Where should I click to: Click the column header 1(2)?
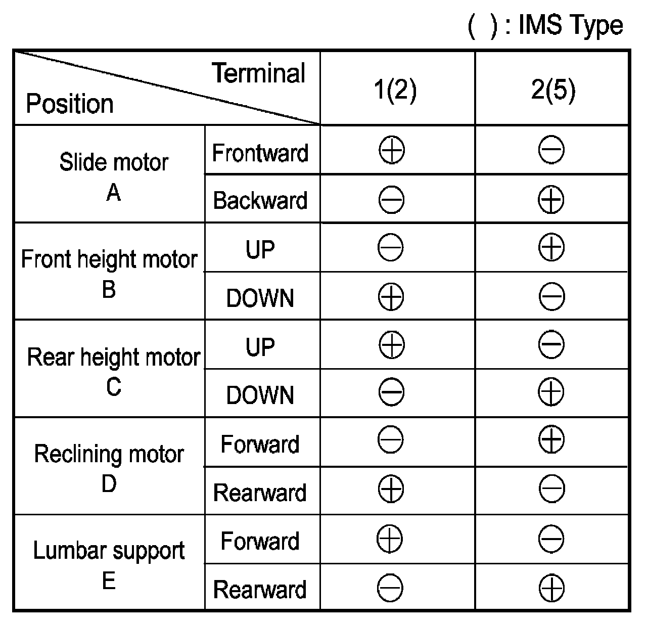(395, 91)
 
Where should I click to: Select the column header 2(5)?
(553, 91)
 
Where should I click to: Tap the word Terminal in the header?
(259, 73)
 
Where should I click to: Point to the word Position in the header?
(70, 104)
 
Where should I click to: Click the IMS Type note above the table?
(545, 25)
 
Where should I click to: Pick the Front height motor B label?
(109, 273)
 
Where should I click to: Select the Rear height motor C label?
(114, 371)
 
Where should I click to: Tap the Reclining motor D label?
(109, 468)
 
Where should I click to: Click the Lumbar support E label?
(109, 564)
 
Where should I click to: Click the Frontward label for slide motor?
(260, 153)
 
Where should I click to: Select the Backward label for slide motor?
(260, 200)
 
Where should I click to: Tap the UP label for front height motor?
(260, 249)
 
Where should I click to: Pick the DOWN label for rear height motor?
(260, 395)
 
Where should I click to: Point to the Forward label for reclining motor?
(260, 444)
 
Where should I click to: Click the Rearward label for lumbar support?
(260, 590)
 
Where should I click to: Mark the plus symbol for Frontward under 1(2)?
(391, 151)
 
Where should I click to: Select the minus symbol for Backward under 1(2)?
(391, 200)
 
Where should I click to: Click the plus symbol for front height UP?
(551, 248)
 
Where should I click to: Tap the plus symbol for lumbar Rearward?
(551, 588)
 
